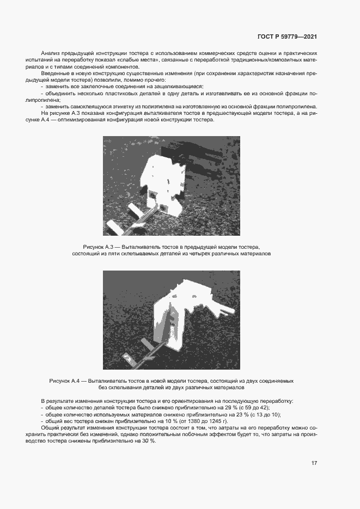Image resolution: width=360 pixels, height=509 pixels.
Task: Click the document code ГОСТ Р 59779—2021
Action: click(287, 37)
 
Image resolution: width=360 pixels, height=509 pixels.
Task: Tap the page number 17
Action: click(314, 463)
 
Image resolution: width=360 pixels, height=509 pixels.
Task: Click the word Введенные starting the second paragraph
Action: click(54, 72)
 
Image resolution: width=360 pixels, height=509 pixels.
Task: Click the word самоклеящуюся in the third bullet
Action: click(90, 107)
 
